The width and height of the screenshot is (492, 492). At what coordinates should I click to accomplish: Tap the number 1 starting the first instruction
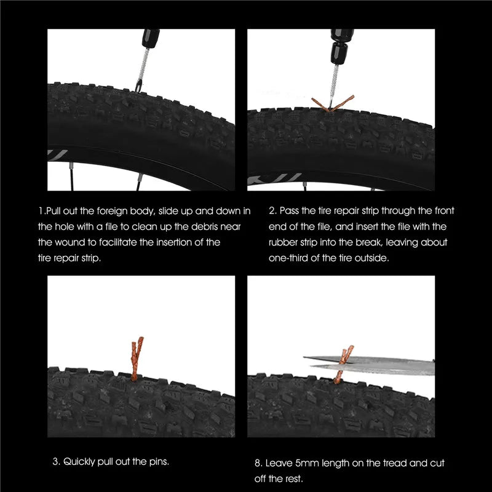(40, 211)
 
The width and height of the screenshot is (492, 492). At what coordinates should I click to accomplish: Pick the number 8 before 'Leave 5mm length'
(257, 462)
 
